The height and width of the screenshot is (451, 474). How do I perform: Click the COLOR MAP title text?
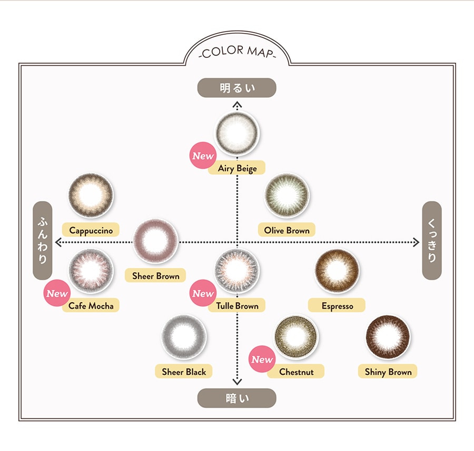[x=237, y=52]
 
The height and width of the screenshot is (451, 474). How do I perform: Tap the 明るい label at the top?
[x=237, y=88]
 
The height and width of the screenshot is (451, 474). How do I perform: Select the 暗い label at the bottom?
[x=237, y=398]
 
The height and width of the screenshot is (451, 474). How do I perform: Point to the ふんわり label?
[x=43, y=240]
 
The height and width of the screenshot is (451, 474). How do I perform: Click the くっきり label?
[x=431, y=240]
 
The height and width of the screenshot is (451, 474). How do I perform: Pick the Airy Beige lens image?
[x=238, y=134]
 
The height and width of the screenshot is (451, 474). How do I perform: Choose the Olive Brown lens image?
[x=287, y=195]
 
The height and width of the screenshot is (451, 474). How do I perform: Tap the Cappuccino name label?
[x=91, y=230]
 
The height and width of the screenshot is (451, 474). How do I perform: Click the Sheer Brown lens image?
[x=155, y=241]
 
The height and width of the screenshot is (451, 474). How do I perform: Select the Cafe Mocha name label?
[x=91, y=305]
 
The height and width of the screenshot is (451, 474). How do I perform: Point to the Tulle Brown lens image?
[x=237, y=270]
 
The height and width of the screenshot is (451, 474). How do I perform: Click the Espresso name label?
[x=337, y=305]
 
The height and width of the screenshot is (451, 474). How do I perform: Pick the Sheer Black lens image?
[x=184, y=336]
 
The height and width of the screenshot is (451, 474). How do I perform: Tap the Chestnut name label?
[x=296, y=372]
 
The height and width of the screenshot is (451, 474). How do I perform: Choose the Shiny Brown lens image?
[x=388, y=336]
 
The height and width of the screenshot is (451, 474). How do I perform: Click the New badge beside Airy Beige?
[x=203, y=156]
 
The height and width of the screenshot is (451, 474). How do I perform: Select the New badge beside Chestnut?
[x=262, y=360]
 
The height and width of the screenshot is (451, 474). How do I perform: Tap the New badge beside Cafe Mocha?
[x=57, y=293]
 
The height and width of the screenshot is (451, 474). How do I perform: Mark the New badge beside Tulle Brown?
[x=203, y=293]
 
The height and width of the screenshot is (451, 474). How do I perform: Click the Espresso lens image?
[x=337, y=270]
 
